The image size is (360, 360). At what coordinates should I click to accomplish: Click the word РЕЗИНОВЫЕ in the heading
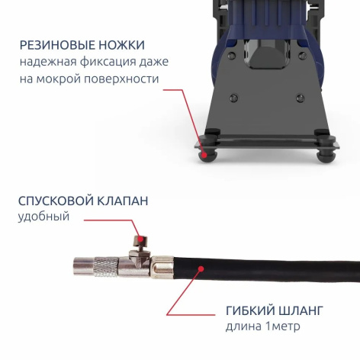click(58, 45)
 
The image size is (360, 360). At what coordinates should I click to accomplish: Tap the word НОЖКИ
click(122, 45)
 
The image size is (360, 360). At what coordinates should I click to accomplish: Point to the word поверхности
click(121, 79)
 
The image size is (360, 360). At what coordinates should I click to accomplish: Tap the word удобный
click(43, 217)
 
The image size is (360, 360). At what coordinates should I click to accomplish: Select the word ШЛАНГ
click(301, 310)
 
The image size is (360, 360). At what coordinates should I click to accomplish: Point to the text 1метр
click(282, 326)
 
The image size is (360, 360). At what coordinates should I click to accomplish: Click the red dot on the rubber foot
click(204, 155)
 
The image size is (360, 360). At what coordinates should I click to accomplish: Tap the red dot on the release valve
click(140, 239)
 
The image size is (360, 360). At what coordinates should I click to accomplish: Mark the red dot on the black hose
click(201, 268)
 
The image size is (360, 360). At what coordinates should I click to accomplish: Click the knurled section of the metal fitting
click(106, 267)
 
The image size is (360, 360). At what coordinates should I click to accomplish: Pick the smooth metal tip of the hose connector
click(84, 266)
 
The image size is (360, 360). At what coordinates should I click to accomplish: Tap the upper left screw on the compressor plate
click(232, 55)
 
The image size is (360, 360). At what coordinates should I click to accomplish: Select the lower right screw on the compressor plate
click(301, 98)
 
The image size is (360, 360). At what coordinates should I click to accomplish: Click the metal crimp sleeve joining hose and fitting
click(162, 267)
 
